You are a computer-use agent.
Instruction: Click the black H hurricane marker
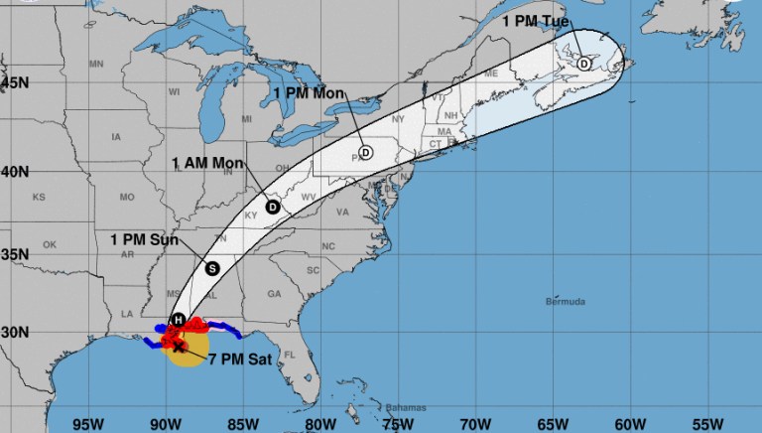(178, 319)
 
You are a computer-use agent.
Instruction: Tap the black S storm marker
(211, 267)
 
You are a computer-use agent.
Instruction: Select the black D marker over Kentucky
(273, 207)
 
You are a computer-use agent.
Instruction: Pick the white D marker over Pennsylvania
(365, 153)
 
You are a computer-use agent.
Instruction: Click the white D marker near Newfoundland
(583, 64)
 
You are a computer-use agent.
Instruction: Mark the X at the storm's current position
(179, 347)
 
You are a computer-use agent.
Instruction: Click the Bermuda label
(568, 301)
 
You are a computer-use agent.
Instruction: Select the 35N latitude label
(14, 254)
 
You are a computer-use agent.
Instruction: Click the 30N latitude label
(14, 332)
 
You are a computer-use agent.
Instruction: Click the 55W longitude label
(707, 421)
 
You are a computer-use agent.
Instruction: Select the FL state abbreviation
(291, 355)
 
